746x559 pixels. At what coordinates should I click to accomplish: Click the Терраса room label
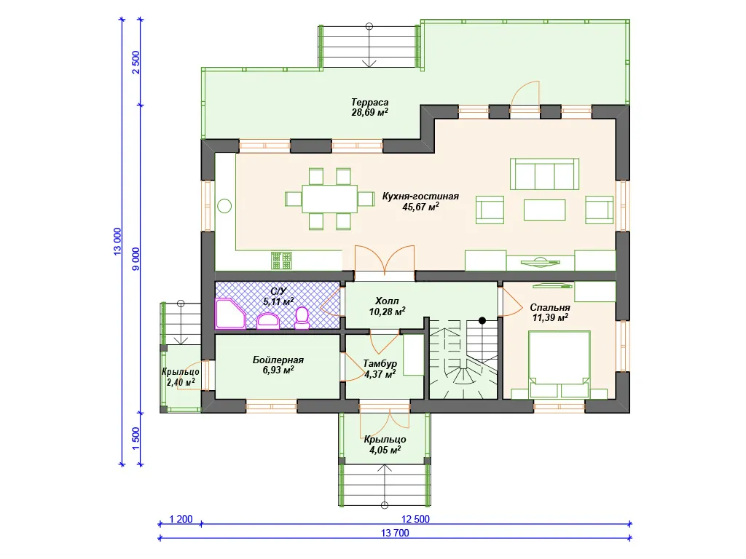point(369,102)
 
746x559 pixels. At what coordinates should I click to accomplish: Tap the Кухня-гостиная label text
point(420,197)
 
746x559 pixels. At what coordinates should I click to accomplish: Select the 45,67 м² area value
point(420,207)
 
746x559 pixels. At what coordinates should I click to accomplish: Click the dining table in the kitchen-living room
point(330,199)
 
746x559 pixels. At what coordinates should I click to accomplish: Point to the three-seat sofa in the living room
point(545,174)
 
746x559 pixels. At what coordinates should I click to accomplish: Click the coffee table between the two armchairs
point(545,210)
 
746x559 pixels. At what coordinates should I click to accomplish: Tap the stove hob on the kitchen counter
point(281,261)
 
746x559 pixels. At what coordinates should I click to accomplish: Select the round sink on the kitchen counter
point(224,206)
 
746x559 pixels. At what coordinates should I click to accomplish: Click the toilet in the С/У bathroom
point(302,317)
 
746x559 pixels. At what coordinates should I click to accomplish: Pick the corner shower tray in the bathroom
point(229,314)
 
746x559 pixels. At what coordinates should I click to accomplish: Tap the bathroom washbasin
point(268,321)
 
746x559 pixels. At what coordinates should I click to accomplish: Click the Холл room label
point(387,301)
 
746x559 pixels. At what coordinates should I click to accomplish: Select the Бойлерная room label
point(278,360)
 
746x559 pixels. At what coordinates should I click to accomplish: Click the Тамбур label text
point(380,364)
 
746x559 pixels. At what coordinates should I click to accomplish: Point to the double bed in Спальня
point(559,364)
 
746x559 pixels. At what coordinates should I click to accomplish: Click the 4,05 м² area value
point(385,450)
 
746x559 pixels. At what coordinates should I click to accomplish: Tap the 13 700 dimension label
point(395,533)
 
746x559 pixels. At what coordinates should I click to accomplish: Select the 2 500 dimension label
point(136,63)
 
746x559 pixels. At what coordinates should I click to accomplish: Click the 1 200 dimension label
point(181,519)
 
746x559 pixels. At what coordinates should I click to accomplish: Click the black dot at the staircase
point(482,321)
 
